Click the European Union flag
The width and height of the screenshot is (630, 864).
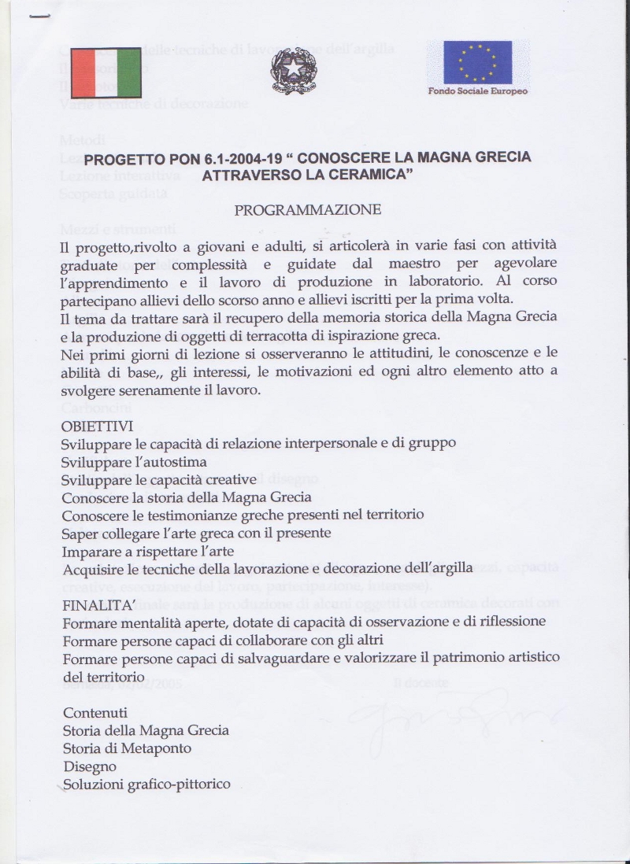pos(477,63)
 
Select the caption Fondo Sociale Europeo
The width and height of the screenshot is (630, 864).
pos(477,91)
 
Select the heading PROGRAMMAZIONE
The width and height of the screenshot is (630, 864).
pos(307,210)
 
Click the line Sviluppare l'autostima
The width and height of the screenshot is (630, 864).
pos(134,462)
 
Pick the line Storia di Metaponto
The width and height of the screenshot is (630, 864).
pos(127,748)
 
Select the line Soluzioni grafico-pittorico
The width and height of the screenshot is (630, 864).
pos(146,784)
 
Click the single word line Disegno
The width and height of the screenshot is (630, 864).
pos(89,766)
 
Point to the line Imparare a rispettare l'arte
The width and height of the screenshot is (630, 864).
pos(148,551)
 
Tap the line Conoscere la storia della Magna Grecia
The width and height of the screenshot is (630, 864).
pos(187,497)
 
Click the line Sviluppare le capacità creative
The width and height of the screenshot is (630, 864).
pos(159,479)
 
